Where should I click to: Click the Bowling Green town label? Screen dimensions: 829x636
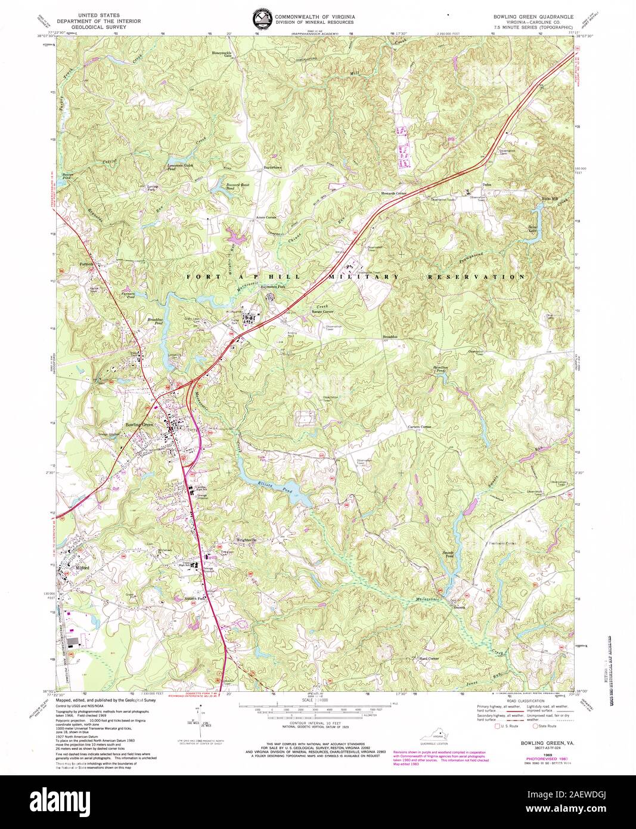tap(139, 424)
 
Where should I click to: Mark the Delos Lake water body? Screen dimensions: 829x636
tap(536, 230)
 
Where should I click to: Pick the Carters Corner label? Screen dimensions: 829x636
tap(418, 428)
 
